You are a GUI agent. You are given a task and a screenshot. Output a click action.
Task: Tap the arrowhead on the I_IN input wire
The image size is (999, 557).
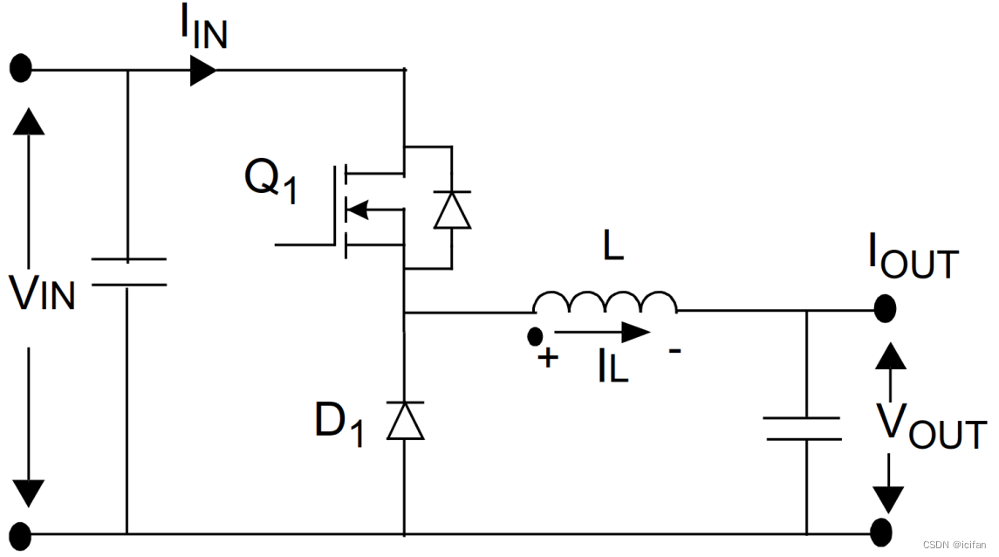coord(203,70)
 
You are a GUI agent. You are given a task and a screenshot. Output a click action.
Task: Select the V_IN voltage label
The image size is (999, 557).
coord(42,293)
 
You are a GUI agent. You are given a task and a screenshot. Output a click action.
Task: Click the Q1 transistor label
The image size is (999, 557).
coord(270,181)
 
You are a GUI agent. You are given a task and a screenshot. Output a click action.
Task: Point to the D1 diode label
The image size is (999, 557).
coord(339,423)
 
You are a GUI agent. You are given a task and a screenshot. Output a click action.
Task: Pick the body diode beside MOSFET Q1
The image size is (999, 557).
coord(452,210)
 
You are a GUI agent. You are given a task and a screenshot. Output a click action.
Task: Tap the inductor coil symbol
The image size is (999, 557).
coord(606,303)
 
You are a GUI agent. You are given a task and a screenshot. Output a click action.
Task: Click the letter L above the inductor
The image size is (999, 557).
coord(612,245)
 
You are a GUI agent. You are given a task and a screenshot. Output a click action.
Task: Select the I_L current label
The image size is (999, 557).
coord(612,366)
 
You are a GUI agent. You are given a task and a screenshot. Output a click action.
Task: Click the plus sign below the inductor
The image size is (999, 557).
coord(547,358)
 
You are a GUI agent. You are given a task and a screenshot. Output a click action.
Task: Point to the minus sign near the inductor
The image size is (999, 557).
coord(674,350)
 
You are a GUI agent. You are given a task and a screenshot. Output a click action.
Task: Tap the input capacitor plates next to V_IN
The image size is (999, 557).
coord(129,272)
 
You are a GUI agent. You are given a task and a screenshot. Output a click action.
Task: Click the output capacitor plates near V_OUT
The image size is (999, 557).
coord(804,429)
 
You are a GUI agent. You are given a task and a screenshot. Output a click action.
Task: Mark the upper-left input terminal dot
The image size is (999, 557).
coord(21,68)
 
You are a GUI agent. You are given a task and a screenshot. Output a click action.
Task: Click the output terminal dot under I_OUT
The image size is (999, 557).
coord(885,309)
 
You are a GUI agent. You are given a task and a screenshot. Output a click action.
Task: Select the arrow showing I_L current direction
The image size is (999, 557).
coord(602,332)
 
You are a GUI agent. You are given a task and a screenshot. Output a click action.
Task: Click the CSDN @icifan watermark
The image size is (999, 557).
coord(955,545)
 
